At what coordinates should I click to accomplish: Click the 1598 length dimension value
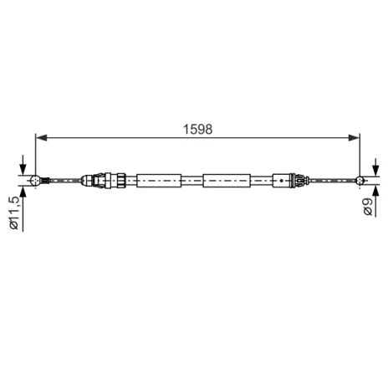point(197,129)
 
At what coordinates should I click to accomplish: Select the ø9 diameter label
point(368,209)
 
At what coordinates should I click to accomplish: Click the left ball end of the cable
point(34,179)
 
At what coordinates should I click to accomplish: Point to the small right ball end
point(360,179)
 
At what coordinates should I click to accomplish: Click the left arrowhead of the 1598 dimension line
point(39,138)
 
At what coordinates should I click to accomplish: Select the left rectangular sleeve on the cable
point(158,179)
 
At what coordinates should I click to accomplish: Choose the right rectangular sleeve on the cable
point(225,179)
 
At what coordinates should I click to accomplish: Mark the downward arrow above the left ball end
point(25,167)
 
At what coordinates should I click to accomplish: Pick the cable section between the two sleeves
point(191,179)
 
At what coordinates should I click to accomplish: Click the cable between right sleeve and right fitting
point(261,179)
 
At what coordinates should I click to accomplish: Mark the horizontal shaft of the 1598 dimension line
point(125,138)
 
